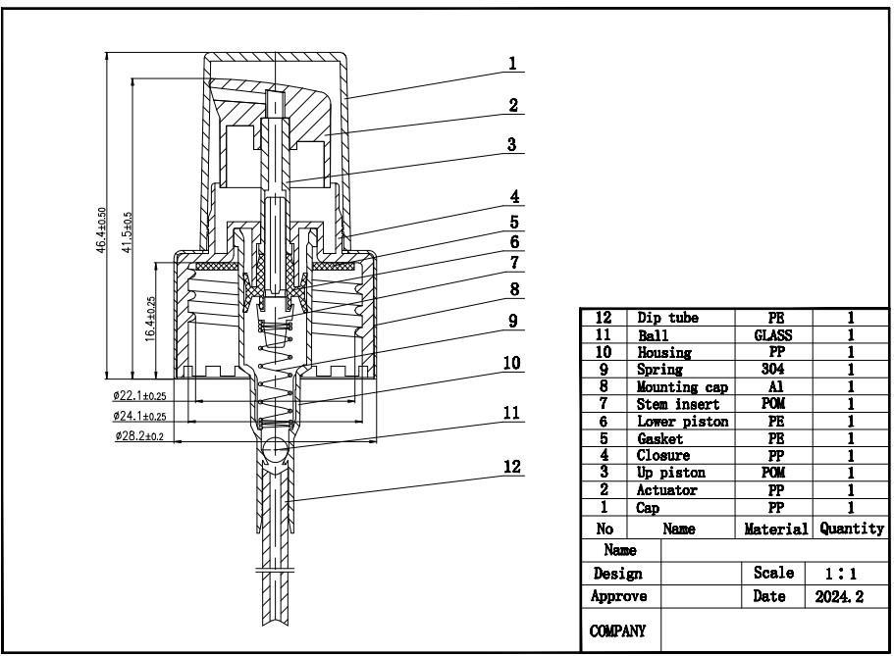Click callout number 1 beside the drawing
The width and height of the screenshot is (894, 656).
(512, 64)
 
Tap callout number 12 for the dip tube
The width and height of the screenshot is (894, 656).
(512, 467)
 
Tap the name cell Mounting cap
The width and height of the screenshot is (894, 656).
(683, 387)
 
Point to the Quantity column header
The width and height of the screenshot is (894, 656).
(852, 529)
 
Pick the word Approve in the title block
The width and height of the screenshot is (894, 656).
(618, 596)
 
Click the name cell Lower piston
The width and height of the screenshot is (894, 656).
(683, 421)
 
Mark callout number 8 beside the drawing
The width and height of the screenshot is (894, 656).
(512, 290)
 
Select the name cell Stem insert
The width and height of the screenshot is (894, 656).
(678, 404)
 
